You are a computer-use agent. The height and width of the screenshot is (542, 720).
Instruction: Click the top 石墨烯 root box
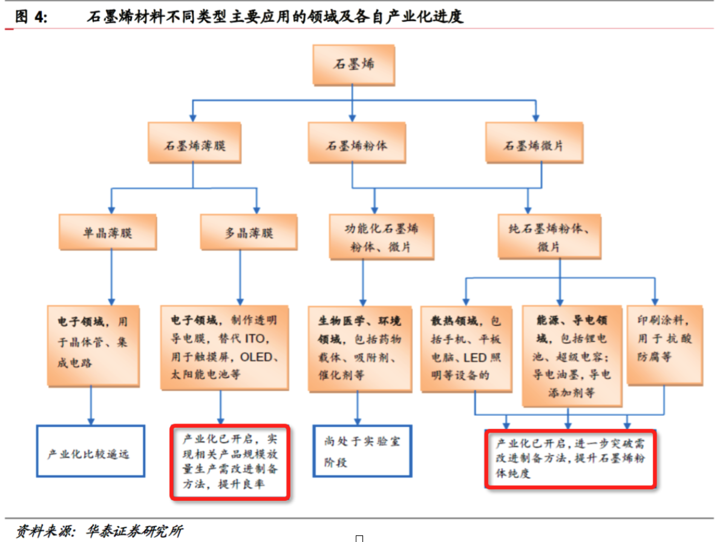click(x=354, y=64)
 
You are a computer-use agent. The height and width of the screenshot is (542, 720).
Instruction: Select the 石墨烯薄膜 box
click(x=194, y=143)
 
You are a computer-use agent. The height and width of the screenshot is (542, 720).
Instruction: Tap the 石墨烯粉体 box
click(x=357, y=143)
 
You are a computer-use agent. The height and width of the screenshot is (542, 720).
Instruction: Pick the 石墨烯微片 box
click(x=534, y=143)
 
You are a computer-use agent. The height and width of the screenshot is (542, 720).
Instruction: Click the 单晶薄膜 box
click(x=108, y=232)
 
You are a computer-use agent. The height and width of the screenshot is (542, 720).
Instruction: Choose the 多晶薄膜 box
click(x=249, y=232)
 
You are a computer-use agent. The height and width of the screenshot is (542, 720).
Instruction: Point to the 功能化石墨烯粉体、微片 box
click(x=381, y=237)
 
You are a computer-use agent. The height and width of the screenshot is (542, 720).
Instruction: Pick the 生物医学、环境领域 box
click(x=360, y=348)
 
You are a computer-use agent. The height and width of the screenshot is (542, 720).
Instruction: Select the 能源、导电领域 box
click(x=572, y=356)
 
